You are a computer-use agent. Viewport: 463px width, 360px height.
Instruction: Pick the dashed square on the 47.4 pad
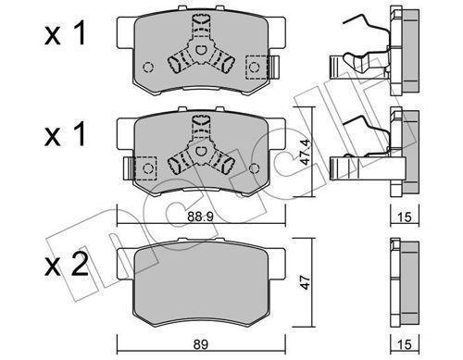tap(146, 168)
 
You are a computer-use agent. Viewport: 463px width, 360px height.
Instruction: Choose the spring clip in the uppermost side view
tap(361, 56)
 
